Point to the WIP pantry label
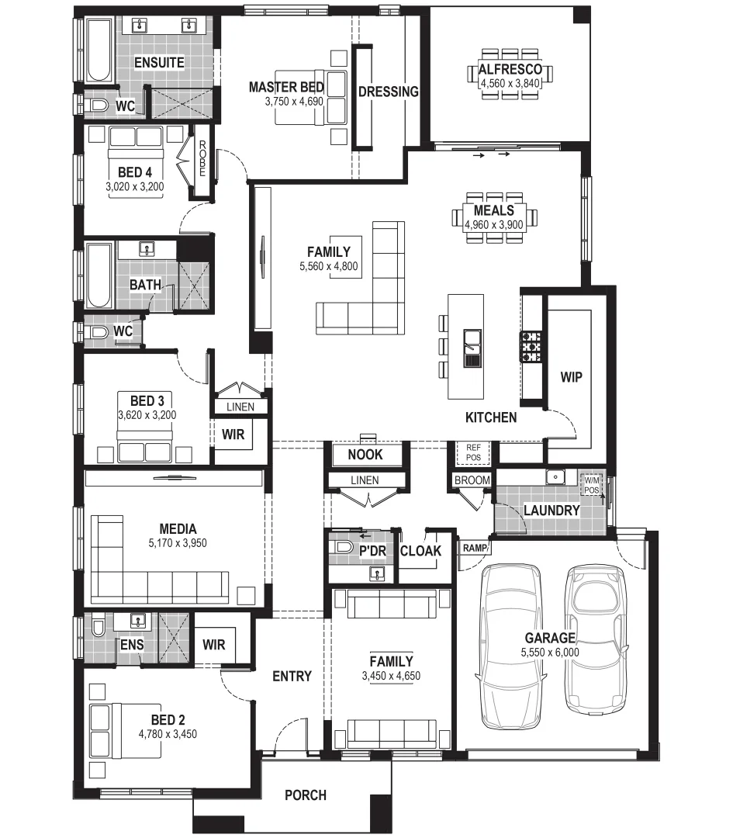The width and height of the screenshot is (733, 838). tap(571, 378)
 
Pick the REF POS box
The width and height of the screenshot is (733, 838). tap(473, 452)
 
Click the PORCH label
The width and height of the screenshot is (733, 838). tap(305, 795)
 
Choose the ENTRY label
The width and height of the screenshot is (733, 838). tap(292, 677)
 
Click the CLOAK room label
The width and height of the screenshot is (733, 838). tap(420, 551)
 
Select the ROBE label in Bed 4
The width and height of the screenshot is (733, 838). tap(201, 158)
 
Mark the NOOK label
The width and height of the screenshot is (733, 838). tap(365, 455)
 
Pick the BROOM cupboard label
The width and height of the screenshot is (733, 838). tap(472, 480)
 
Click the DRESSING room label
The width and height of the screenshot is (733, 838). tap(388, 92)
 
